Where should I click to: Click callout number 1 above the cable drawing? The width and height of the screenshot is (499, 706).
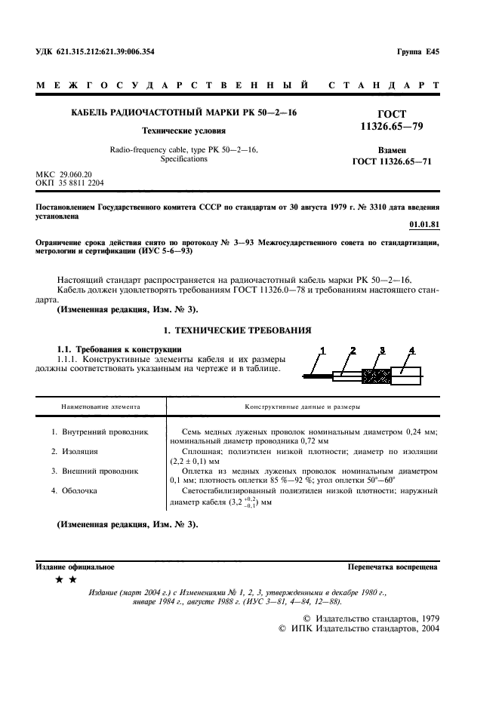click(322, 350)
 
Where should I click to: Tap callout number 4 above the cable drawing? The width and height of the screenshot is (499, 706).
click(411, 350)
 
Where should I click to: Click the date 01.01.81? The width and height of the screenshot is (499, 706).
click(424, 224)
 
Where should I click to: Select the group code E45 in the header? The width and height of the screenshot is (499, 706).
click(433, 52)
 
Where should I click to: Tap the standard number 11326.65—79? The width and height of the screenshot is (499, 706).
click(392, 126)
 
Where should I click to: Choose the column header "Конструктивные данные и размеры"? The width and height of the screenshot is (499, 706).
click(301, 407)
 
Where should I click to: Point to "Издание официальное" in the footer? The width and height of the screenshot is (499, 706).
click(75, 566)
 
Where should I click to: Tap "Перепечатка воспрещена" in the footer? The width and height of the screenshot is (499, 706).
click(393, 566)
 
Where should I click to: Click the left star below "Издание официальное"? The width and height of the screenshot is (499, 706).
click(60, 580)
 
